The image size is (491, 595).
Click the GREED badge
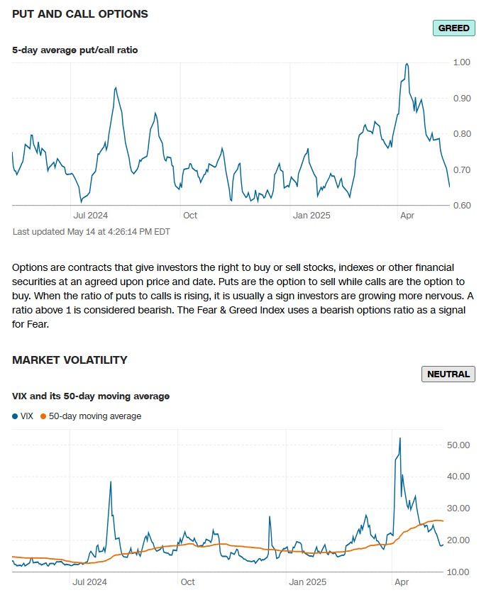[453, 28]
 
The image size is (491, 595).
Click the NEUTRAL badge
[448, 374]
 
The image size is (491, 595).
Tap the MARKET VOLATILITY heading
[70, 360]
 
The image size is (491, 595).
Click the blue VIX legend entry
[23, 416]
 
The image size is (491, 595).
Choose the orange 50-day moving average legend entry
[91, 416]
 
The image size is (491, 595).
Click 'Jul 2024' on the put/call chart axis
[91, 215]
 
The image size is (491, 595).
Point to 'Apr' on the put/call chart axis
[407, 215]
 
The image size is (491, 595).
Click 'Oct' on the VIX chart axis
[187, 582]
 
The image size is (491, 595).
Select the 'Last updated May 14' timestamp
[91, 231]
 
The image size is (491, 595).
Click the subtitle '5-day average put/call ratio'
[75, 50]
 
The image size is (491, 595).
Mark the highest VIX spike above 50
[400, 438]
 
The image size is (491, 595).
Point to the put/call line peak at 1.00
[407, 64]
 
